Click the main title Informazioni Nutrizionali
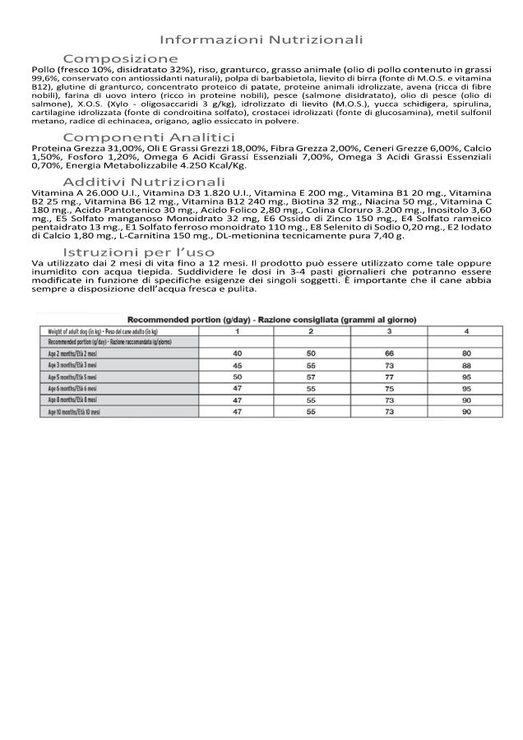point(261,39)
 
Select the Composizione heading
point(121,58)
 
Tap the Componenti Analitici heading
point(149,136)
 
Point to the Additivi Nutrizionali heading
point(144,181)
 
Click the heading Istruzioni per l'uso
point(139,252)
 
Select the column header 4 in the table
point(465,331)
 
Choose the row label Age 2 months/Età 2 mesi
point(73,353)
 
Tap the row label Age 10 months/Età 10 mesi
point(75,411)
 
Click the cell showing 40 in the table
point(237,353)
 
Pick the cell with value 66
point(390,353)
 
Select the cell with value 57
point(311,376)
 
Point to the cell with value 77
point(390,376)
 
